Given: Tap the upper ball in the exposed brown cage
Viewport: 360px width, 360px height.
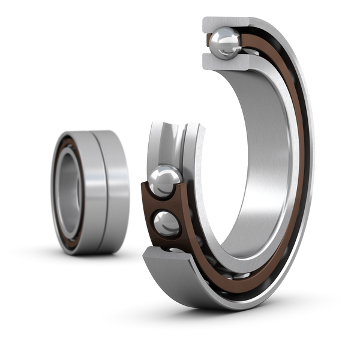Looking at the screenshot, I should point(165,181).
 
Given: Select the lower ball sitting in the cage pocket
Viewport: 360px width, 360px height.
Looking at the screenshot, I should point(167,224).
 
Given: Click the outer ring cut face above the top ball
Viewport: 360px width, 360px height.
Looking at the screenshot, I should point(222,23).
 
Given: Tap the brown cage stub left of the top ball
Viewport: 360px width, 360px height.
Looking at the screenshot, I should point(208,44).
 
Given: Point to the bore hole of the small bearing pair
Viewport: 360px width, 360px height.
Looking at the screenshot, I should point(68,188).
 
